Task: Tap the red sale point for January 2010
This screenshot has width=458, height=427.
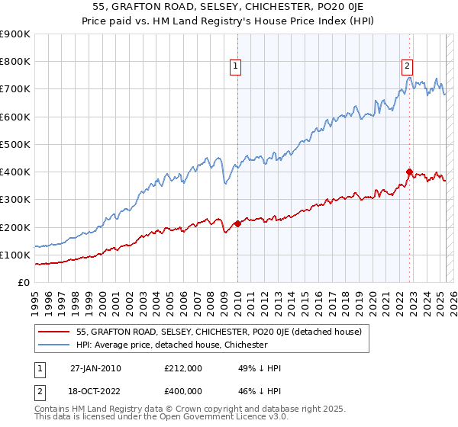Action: coord(237,223)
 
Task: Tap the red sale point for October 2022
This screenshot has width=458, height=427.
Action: coord(410,172)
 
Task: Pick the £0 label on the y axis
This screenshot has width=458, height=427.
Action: coord(23,283)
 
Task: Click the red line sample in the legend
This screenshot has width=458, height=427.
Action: coord(54,332)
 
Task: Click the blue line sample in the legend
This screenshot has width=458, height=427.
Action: coord(54,345)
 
